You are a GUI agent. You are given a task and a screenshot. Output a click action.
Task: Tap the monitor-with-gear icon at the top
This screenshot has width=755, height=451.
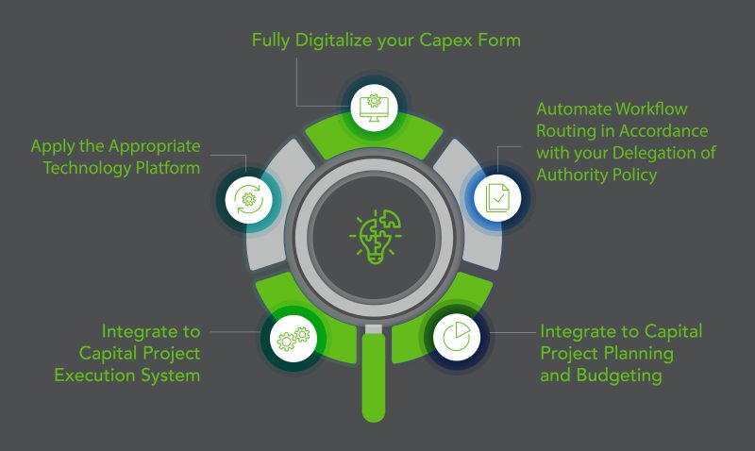(374, 106)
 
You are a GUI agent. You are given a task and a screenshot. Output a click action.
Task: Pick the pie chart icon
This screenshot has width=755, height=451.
(457, 337)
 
